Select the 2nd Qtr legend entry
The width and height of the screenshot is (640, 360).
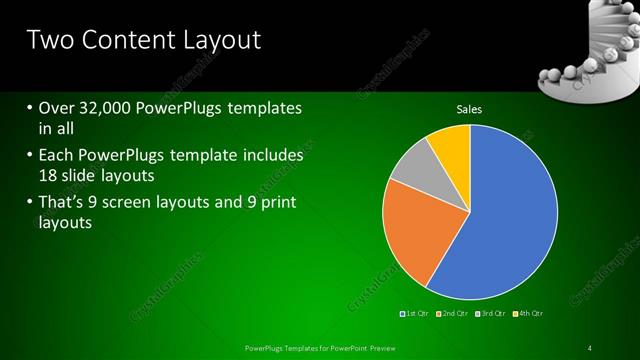[x=455, y=313]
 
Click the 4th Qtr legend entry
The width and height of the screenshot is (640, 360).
[x=530, y=313]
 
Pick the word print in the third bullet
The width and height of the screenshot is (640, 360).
[x=276, y=203]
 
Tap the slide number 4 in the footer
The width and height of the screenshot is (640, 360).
[x=590, y=347]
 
